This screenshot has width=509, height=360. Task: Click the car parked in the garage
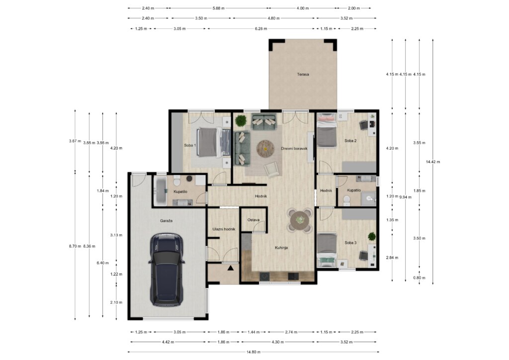167,270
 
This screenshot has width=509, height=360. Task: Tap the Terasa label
303,75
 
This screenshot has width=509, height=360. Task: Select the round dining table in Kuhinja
300,220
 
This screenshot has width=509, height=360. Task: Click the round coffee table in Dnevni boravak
265,149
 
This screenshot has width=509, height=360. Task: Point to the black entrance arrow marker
231,268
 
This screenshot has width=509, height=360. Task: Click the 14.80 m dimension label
254,352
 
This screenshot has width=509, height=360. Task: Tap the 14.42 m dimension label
433,162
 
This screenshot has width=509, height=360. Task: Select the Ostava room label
254,220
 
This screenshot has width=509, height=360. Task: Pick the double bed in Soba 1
214,143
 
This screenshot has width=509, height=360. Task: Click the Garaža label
166,221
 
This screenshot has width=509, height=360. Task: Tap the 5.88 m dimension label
219,8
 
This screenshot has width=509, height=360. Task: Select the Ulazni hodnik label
224,229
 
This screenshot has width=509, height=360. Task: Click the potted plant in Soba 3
372,236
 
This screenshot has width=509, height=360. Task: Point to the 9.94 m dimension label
406,197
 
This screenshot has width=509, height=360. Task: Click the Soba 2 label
350,141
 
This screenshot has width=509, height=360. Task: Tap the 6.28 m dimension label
261,28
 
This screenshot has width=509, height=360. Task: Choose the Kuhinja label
281,248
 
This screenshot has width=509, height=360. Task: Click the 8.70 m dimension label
75,246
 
